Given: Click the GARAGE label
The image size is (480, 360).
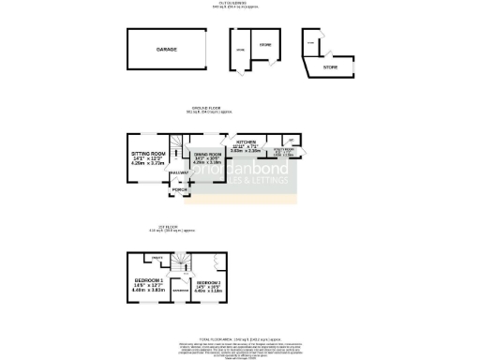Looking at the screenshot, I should (166, 49).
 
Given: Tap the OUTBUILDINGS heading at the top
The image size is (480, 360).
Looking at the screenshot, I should (240, 3).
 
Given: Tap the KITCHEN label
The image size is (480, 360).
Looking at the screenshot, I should (246, 142).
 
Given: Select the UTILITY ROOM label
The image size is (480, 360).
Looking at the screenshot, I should (283, 148).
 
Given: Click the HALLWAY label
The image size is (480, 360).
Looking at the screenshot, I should (178, 172).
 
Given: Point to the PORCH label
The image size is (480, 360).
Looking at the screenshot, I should (178, 189).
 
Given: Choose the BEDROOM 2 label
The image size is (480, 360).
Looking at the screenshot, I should (207, 282).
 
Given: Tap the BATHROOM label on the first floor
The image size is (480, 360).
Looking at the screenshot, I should (181, 291).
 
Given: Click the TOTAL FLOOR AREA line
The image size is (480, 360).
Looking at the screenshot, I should (239, 336).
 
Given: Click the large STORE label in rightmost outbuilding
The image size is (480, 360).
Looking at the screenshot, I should (330, 67).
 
